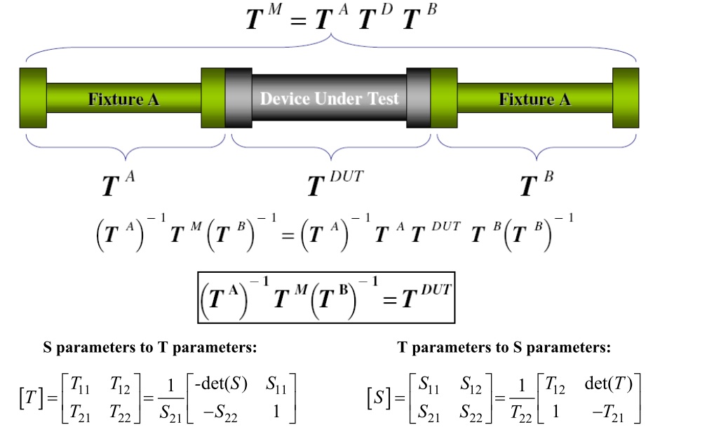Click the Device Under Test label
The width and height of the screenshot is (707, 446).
[329, 98]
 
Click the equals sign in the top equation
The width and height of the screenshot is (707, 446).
[299, 20]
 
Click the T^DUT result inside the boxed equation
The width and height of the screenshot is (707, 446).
[426, 296]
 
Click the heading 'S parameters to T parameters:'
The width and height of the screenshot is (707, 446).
[149, 347]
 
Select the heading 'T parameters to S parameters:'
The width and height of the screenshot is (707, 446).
[504, 347]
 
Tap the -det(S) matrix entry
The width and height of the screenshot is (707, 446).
[221, 384]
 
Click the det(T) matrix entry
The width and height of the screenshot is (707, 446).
[609, 384]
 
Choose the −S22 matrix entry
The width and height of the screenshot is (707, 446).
[220, 412]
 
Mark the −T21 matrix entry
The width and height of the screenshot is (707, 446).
[608, 412]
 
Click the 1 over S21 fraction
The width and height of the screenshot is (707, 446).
[170, 399]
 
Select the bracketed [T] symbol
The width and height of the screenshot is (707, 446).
[31, 398]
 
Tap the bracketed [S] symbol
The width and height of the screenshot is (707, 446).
[379, 398]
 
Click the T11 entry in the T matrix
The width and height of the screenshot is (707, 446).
[80, 385]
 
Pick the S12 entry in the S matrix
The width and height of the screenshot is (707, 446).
[471, 385]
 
